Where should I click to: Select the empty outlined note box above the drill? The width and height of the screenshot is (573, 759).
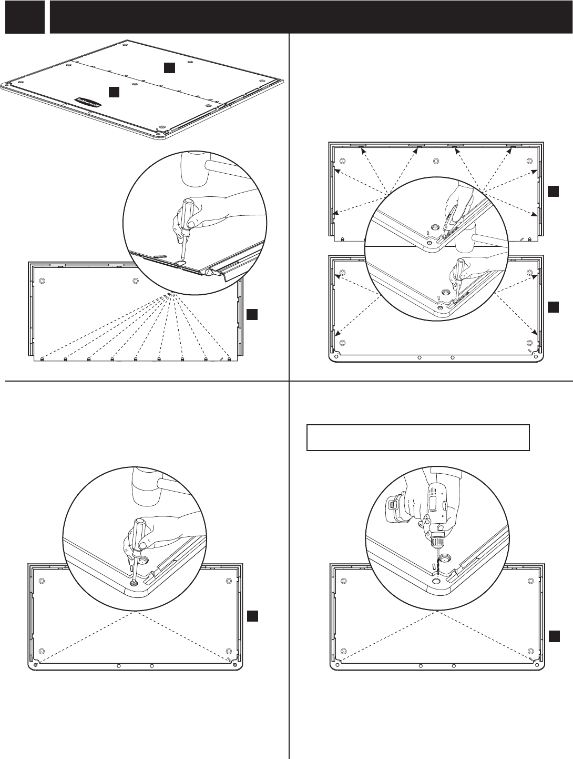coord(417,437)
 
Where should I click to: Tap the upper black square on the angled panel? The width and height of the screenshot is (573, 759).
coord(168,67)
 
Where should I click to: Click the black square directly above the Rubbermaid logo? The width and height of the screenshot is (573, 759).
coord(114,92)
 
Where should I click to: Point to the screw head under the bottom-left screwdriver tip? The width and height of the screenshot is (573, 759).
coord(133,583)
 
